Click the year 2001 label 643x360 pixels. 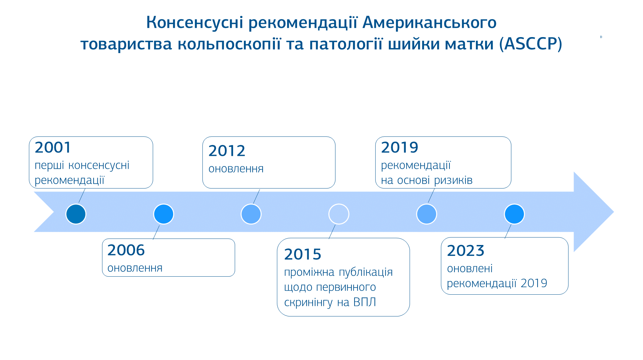tap(53, 147)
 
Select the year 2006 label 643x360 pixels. tap(126, 250)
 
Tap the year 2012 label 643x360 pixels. tap(227, 151)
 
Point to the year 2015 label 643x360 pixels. tap(302, 254)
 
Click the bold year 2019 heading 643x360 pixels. tap(399, 147)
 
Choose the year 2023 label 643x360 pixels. tap(465, 251)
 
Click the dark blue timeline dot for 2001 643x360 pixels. tap(76, 214)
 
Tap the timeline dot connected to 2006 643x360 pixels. tap(164, 214)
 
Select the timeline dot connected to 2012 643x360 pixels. tap(251, 214)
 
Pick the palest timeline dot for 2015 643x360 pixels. tap(339, 214)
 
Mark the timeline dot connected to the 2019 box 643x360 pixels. tap(427, 214)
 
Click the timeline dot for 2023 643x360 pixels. tap(514, 214)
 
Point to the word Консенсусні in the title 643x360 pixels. tap(195, 22)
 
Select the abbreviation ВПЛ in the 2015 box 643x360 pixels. tap(365, 302)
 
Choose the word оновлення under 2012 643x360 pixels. tap(236, 169)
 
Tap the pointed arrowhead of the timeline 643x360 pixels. tap(613, 212)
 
